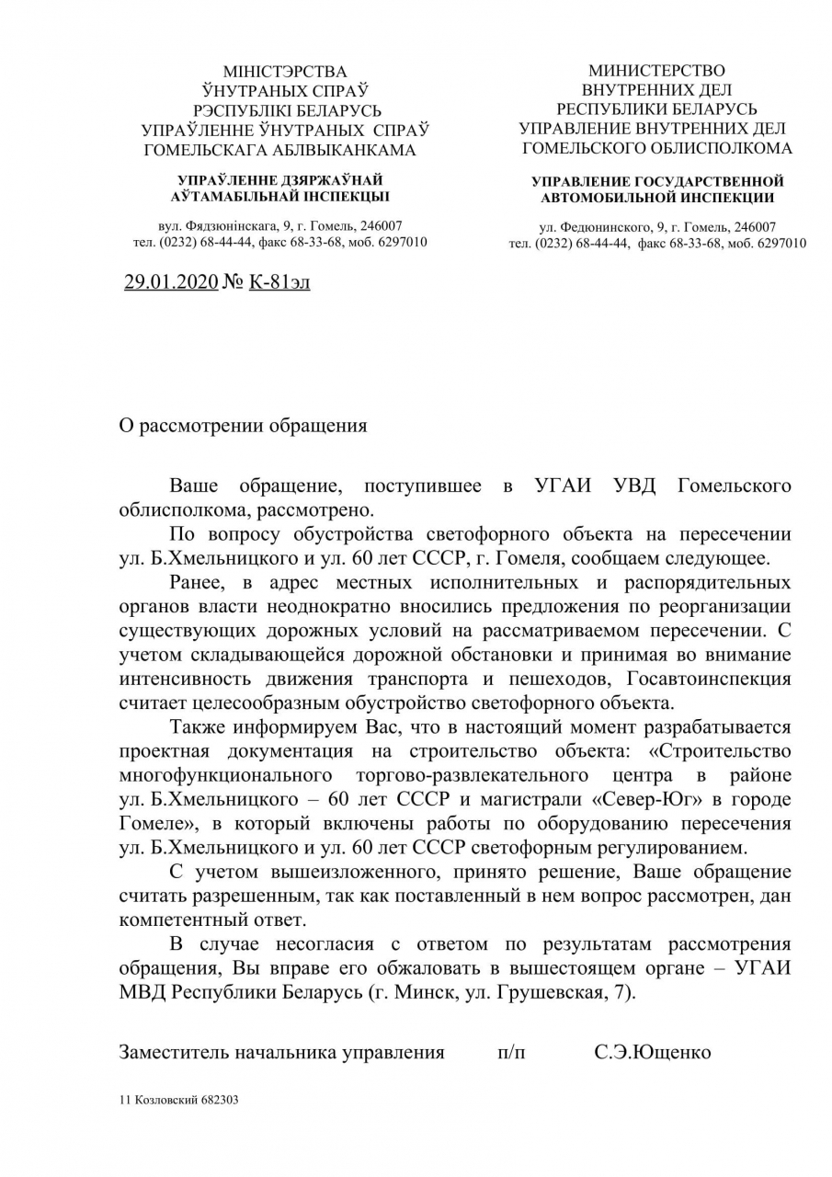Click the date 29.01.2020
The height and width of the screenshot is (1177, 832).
click(171, 282)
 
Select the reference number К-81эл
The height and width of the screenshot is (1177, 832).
click(279, 282)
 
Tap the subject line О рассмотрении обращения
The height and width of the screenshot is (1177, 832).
click(243, 426)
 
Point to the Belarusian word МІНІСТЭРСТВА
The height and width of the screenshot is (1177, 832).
click(285, 72)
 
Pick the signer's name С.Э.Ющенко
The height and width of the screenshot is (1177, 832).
click(652, 1052)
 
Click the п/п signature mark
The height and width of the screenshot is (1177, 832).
click(511, 1052)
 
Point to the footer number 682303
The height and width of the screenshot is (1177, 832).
click(218, 1099)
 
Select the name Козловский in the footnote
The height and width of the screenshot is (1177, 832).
click(162, 1099)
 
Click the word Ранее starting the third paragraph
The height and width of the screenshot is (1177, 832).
click(197, 583)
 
